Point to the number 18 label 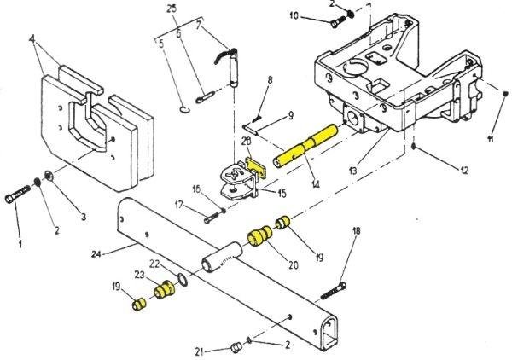357,230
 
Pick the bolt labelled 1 20,203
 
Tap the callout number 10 294,16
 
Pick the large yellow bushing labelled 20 259,236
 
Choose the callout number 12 464,171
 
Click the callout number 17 179,204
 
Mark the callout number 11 490,138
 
